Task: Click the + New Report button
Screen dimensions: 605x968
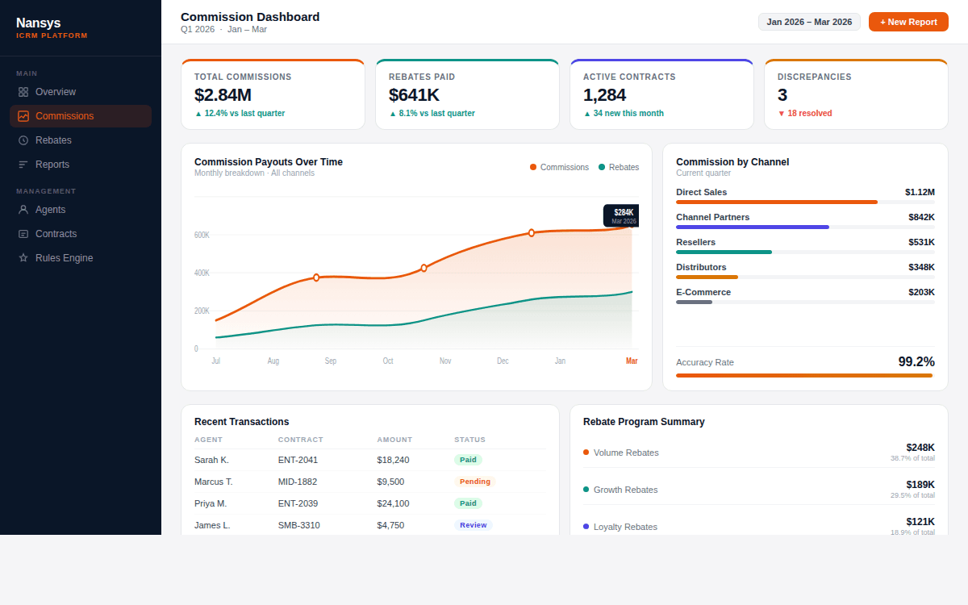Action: click(x=908, y=22)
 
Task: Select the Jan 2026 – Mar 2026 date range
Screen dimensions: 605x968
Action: click(x=809, y=22)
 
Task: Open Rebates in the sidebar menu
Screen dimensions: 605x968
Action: click(x=53, y=140)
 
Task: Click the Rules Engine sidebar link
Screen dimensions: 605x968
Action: click(x=64, y=258)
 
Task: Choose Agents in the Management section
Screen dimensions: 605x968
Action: click(x=50, y=210)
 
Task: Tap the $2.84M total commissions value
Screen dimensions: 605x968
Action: click(x=223, y=95)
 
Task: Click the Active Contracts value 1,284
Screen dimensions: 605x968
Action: click(x=604, y=95)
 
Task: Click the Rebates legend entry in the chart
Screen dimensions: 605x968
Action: click(x=619, y=168)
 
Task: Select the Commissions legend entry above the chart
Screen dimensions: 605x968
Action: click(x=559, y=168)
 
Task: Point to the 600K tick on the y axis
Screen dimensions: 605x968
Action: click(x=202, y=235)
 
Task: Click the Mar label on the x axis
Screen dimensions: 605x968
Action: click(x=632, y=361)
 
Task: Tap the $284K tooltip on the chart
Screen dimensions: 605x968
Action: click(x=621, y=215)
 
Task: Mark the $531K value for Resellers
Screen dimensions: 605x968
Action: click(x=921, y=242)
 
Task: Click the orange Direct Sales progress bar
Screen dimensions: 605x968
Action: click(x=776, y=202)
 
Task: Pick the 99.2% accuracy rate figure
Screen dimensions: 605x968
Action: click(x=916, y=362)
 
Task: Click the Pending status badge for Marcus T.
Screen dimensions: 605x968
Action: click(x=474, y=482)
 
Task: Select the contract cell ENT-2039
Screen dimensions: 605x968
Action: click(x=298, y=503)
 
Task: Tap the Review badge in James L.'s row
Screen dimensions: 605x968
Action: click(x=473, y=525)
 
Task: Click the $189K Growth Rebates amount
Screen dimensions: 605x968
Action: click(x=920, y=485)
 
